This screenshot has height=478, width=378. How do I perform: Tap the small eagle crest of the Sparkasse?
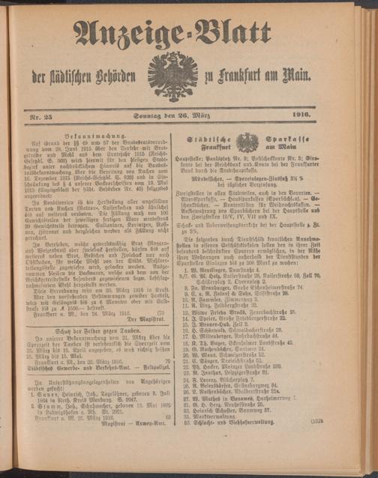click(x=247, y=142)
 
